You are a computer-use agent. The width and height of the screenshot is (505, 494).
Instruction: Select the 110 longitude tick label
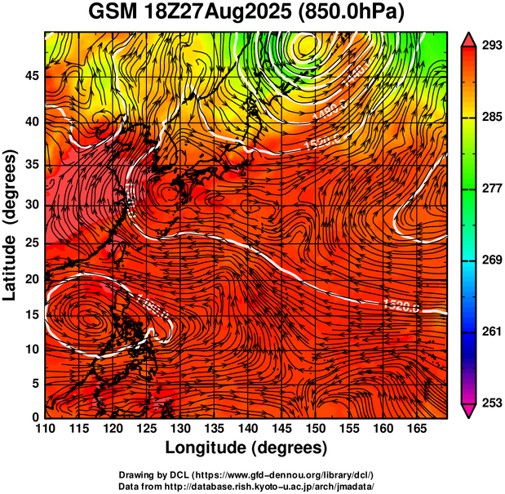coord(45,429)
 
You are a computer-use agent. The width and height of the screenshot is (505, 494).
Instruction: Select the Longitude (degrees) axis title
coord(246,448)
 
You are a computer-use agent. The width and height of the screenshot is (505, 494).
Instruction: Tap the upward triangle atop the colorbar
coord(469,38)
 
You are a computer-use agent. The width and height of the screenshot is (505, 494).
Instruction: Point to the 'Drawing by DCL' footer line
coord(246,474)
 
